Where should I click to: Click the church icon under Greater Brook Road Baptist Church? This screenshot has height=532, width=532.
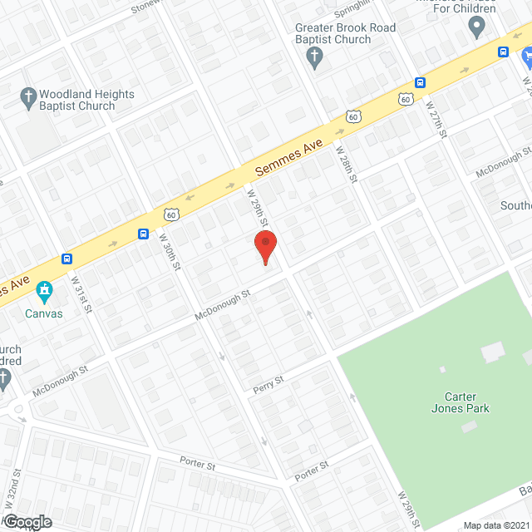click(314, 57)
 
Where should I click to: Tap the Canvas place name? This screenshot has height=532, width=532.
click(43, 313)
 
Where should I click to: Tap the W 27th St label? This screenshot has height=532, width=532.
click(436, 116)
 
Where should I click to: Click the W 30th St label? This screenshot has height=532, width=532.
click(170, 250)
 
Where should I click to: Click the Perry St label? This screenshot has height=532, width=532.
click(268, 383)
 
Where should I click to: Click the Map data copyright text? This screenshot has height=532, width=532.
click(495, 525)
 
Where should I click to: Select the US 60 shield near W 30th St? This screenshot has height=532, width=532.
click(171, 214)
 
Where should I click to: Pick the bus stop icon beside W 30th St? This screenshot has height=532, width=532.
click(143, 234)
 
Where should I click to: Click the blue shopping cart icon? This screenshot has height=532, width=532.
click(525, 57)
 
